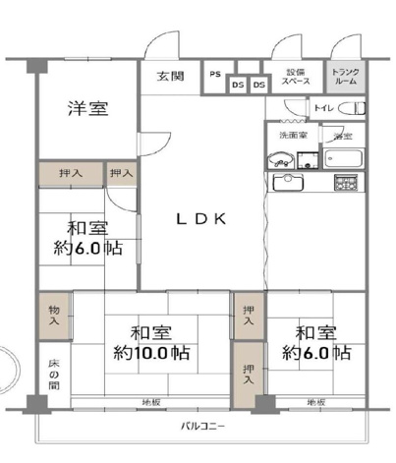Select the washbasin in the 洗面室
[279, 160]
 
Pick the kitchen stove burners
[346, 183]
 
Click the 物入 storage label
[55, 316]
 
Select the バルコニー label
[203, 426]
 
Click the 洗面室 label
[292, 135]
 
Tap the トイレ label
[324, 108]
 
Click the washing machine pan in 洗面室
[311, 159]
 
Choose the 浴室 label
[342, 136]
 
